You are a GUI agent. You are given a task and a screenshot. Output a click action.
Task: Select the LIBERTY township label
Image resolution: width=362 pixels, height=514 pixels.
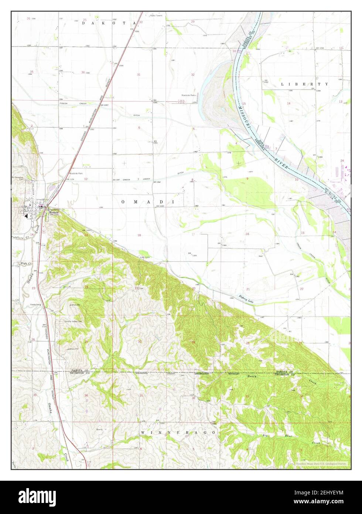tap(304, 84)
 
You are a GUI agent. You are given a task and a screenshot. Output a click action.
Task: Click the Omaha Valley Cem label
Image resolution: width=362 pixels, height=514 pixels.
tap(74, 322)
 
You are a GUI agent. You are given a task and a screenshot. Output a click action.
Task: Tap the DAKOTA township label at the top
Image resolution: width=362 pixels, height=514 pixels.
tap(105, 23)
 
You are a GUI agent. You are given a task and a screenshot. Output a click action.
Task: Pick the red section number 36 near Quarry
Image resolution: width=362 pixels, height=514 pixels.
tap(86, 396)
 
